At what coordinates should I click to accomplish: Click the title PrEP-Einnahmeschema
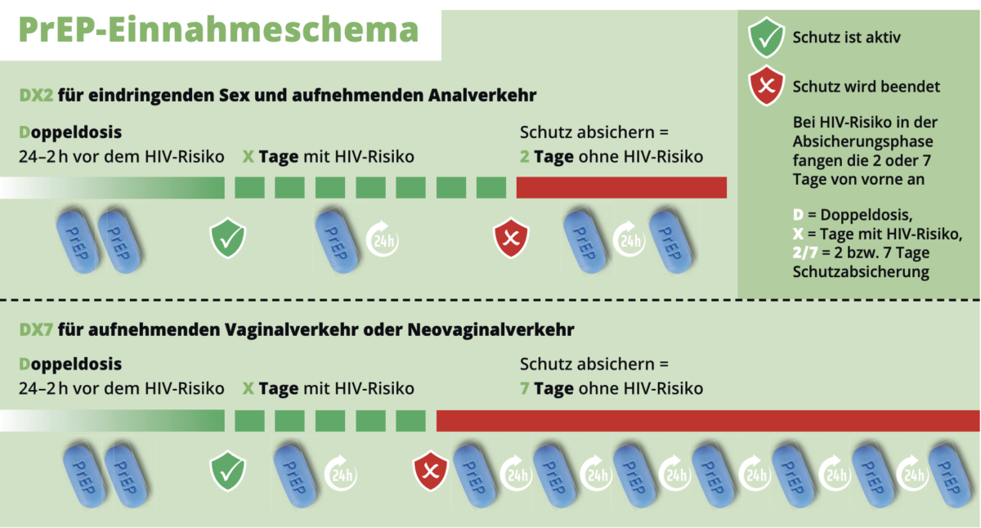(x=218, y=30)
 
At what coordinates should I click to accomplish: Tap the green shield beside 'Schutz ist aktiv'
(x=766, y=38)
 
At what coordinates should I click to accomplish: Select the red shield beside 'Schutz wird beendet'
(x=766, y=86)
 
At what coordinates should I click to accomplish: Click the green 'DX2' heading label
(x=36, y=95)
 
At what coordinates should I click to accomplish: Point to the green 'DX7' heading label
(x=36, y=329)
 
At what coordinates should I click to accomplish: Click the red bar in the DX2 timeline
(x=621, y=187)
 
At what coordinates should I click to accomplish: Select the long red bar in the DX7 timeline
(x=708, y=421)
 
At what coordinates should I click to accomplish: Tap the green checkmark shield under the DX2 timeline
(x=228, y=238)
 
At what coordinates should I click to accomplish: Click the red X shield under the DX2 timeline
(x=511, y=238)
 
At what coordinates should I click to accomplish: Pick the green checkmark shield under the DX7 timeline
(x=228, y=471)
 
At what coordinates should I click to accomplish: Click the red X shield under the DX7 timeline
(x=431, y=471)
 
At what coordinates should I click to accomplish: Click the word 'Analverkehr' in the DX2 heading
(x=482, y=95)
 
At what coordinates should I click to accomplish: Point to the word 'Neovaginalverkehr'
(x=490, y=329)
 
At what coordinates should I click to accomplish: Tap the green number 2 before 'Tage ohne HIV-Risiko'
(x=524, y=157)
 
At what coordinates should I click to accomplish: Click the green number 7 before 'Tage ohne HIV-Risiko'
(x=524, y=388)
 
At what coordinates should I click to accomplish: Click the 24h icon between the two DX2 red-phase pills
(x=629, y=239)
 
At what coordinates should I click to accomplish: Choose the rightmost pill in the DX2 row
(x=671, y=242)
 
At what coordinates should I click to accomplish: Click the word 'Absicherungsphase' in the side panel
(x=862, y=141)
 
